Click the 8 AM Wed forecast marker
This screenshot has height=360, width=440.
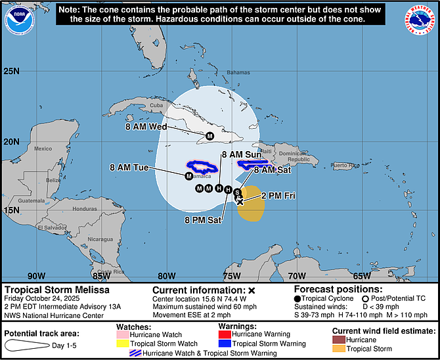point(209,136)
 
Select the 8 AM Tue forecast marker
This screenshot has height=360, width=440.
point(188,176)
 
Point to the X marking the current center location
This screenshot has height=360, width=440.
point(240,202)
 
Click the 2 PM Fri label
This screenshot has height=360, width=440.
point(280,195)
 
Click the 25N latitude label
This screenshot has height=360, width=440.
point(12,71)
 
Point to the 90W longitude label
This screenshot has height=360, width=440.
point(37,276)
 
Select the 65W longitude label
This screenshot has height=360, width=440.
point(361,276)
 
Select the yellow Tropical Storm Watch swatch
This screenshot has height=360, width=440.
point(123,344)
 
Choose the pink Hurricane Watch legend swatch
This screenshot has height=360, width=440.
point(123,334)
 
